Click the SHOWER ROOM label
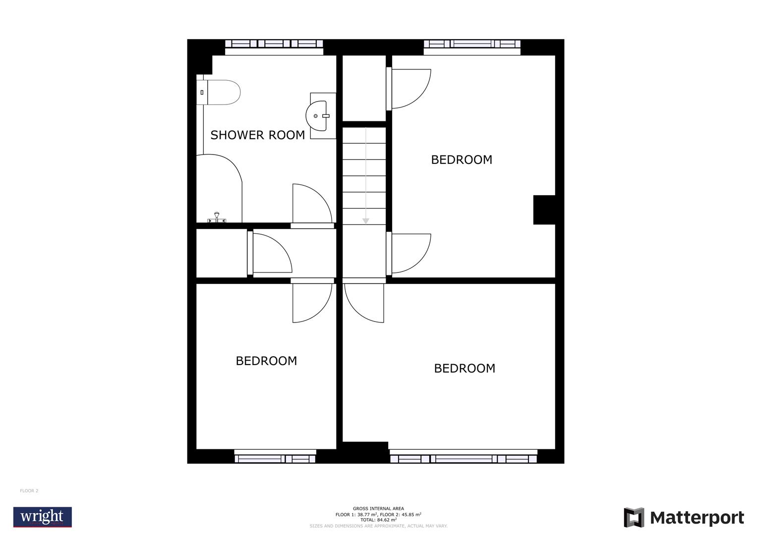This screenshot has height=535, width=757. pos(257,135)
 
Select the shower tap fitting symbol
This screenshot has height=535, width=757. pos(217,217)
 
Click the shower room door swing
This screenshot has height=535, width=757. pos(309,204)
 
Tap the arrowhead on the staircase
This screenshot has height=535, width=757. pos(365,221)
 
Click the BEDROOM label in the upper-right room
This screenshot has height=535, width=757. pos(462,160)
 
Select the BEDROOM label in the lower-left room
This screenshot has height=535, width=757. pos(266,361)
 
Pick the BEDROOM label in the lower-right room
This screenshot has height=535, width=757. pos(465,368)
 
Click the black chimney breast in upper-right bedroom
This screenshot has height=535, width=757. pos(544,210)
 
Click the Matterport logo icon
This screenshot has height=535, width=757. pos(634,518)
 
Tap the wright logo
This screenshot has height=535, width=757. pos(43,517)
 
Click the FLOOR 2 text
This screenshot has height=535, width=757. pos(29,491)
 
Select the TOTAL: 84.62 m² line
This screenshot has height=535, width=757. pos(378,520)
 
